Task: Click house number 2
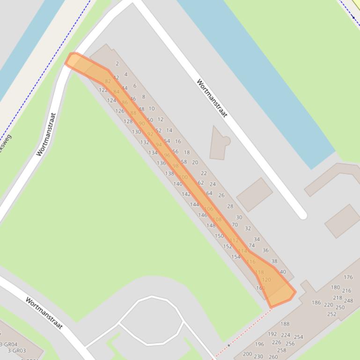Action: [x=117, y=64]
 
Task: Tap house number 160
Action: [x=260, y=288]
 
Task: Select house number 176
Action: [x=348, y=277]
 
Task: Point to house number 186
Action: [x=316, y=302]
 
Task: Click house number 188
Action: [x=285, y=324]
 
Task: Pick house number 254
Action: [x=298, y=337]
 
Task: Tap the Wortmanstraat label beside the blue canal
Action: [x=212, y=98]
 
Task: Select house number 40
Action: [x=283, y=272]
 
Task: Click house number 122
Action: [x=103, y=90]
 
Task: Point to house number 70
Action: [x=235, y=225]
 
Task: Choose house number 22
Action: [x=204, y=173]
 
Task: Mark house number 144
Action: [x=194, y=204]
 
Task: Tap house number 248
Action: [x=348, y=301]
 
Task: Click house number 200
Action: [x=247, y=354]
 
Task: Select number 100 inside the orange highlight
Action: [x=183, y=177]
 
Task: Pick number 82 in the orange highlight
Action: [x=108, y=81]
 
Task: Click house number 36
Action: [x=265, y=250]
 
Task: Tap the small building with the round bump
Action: [x=219, y=143]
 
